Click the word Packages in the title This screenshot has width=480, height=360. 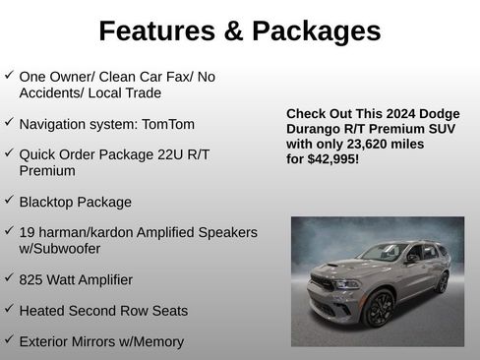[317, 31]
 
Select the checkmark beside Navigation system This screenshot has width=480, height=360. [9, 122]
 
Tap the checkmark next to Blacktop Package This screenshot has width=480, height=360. [9, 200]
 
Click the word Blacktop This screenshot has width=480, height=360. [49, 202]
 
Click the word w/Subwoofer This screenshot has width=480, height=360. [60, 248]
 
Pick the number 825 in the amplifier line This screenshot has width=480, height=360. [31, 279]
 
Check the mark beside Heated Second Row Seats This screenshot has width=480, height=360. [9, 308]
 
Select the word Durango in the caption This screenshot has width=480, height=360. [314, 127]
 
